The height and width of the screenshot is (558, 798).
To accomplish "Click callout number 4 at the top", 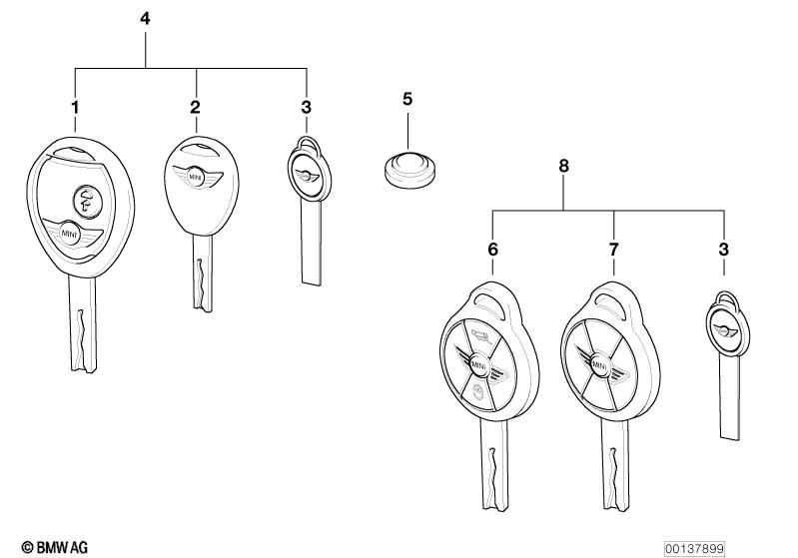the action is [x=145, y=19].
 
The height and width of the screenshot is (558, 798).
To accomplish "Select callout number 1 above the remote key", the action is [x=75, y=108].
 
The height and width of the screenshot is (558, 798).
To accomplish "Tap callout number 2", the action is [x=196, y=108].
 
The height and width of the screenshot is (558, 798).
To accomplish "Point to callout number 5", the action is [x=407, y=99].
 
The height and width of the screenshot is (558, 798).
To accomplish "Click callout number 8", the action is [x=563, y=166].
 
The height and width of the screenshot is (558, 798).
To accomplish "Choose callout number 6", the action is [x=492, y=250].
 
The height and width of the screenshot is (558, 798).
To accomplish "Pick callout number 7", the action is [x=614, y=250].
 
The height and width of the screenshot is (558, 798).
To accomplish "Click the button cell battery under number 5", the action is [x=409, y=170].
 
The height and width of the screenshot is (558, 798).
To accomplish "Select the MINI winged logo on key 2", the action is [x=197, y=177].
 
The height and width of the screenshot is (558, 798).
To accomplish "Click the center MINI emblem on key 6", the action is [x=476, y=365].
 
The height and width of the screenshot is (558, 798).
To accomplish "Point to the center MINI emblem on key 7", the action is [x=598, y=365].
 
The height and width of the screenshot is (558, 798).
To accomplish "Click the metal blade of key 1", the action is [x=83, y=323].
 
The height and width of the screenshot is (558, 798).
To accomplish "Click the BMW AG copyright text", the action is [x=55, y=547].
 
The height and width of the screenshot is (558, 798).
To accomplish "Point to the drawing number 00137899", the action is [x=694, y=548].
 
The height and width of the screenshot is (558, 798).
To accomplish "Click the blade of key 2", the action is [x=202, y=274].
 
